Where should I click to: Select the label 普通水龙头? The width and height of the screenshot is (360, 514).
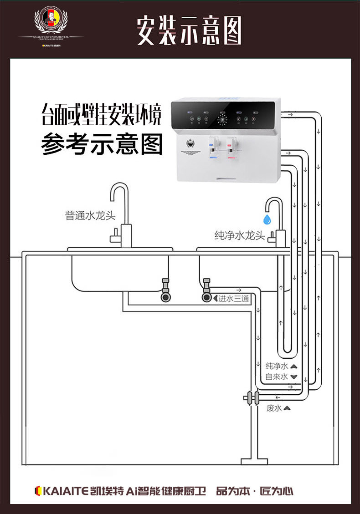90,215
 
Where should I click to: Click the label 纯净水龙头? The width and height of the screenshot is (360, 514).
239,235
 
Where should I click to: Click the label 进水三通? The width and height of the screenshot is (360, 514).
233,299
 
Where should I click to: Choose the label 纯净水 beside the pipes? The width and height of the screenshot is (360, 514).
277,366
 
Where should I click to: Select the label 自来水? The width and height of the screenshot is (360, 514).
277,377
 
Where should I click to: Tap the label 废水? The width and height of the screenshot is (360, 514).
274,408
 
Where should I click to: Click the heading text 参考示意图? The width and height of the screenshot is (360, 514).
102,144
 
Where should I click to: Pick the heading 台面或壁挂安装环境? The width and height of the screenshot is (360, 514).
101,115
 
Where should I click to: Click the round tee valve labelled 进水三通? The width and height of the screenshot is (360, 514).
207,298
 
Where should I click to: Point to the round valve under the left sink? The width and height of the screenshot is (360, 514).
165,297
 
